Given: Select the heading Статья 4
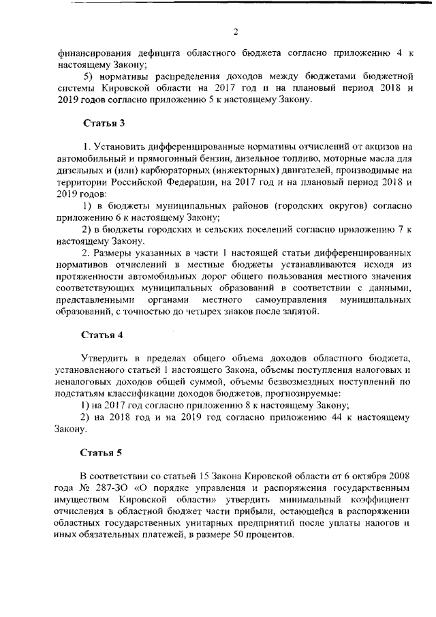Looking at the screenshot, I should (x=103, y=335).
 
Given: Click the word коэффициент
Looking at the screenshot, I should (x=381, y=500).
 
